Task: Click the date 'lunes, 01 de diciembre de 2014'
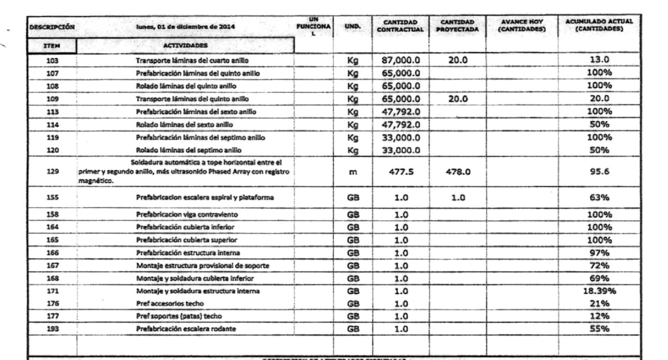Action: [185, 27]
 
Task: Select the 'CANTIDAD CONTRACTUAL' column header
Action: [400, 26]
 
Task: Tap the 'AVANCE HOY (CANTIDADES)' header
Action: [522, 25]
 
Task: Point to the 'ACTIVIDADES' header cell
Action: [185, 46]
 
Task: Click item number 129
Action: [52, 171]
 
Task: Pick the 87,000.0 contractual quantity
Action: [400, 61]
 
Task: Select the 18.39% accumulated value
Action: [599, 291]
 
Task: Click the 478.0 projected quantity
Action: [458, 172]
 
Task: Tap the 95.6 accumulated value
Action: [599, 171]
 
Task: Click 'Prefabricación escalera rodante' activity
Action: [186, 329]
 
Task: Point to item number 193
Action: [52, 329]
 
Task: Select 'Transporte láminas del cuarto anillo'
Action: [192, 61]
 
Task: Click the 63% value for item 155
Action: [599, 197]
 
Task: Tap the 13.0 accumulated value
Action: [599, 60]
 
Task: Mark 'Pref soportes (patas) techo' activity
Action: [179, 316]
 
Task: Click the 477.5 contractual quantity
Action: [401, 172]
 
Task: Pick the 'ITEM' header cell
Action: [52, 46]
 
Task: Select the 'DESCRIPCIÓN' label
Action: [52, 27]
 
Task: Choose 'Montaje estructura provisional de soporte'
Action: [202, 266]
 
